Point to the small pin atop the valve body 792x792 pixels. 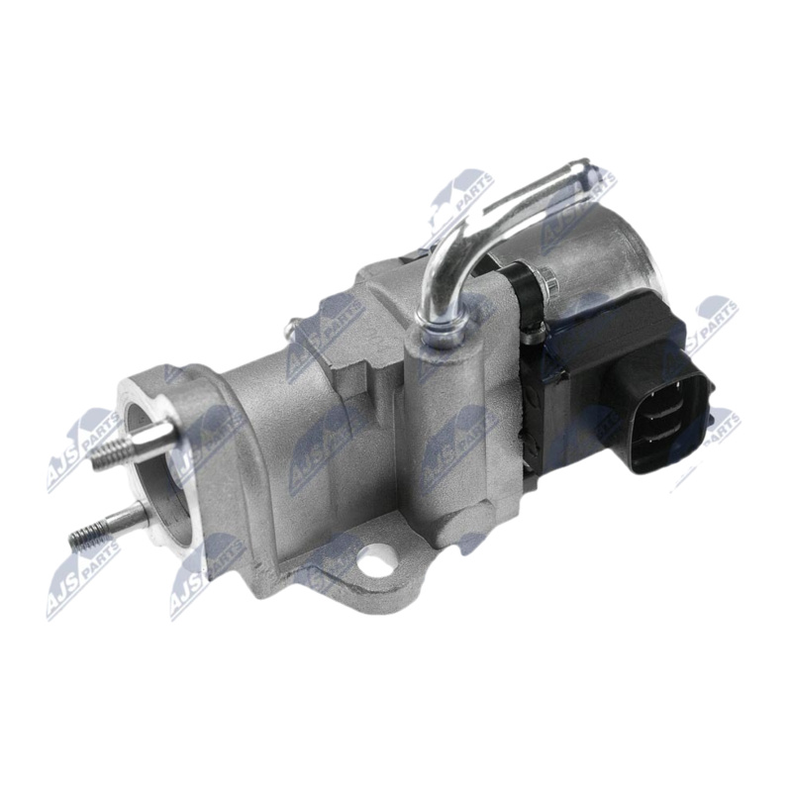pyautogui.click(x=291, y=328)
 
